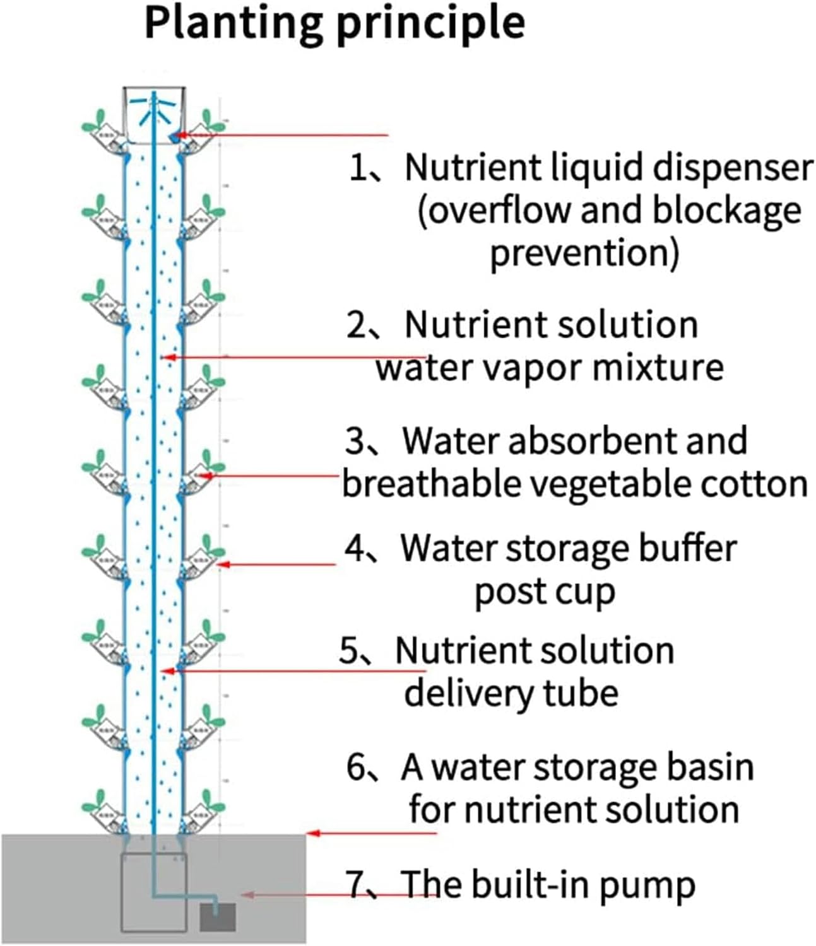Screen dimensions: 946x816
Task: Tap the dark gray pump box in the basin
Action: (218, 917)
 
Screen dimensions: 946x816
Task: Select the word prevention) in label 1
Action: (584, 254)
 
